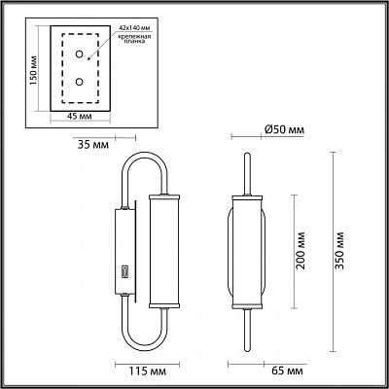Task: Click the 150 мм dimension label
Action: point(34,70)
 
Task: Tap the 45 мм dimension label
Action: point(80,117)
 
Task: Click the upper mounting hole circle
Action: point(79,54)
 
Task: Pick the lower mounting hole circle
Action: point(79,82)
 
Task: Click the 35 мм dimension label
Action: point(93,144)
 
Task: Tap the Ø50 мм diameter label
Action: point(285,130)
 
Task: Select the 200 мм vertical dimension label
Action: point(301,250)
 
